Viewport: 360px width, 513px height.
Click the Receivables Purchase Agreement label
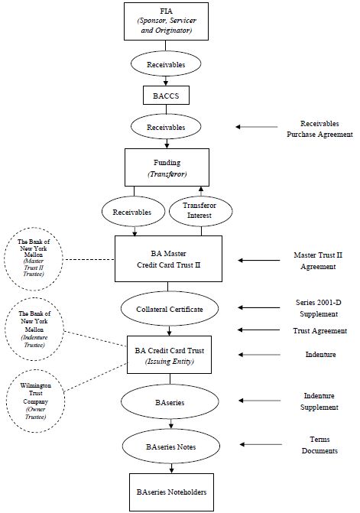coord(319,129)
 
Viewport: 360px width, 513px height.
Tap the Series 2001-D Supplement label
coord(319,308)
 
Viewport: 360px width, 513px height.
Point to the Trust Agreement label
coord(319,331)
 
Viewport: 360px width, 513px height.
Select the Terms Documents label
coord(319,445)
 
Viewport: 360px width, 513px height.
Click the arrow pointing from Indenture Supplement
coord(259,401)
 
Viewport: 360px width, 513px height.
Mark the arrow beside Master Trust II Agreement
coord(259,261)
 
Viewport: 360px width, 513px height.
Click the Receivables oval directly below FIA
coord(166,64)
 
